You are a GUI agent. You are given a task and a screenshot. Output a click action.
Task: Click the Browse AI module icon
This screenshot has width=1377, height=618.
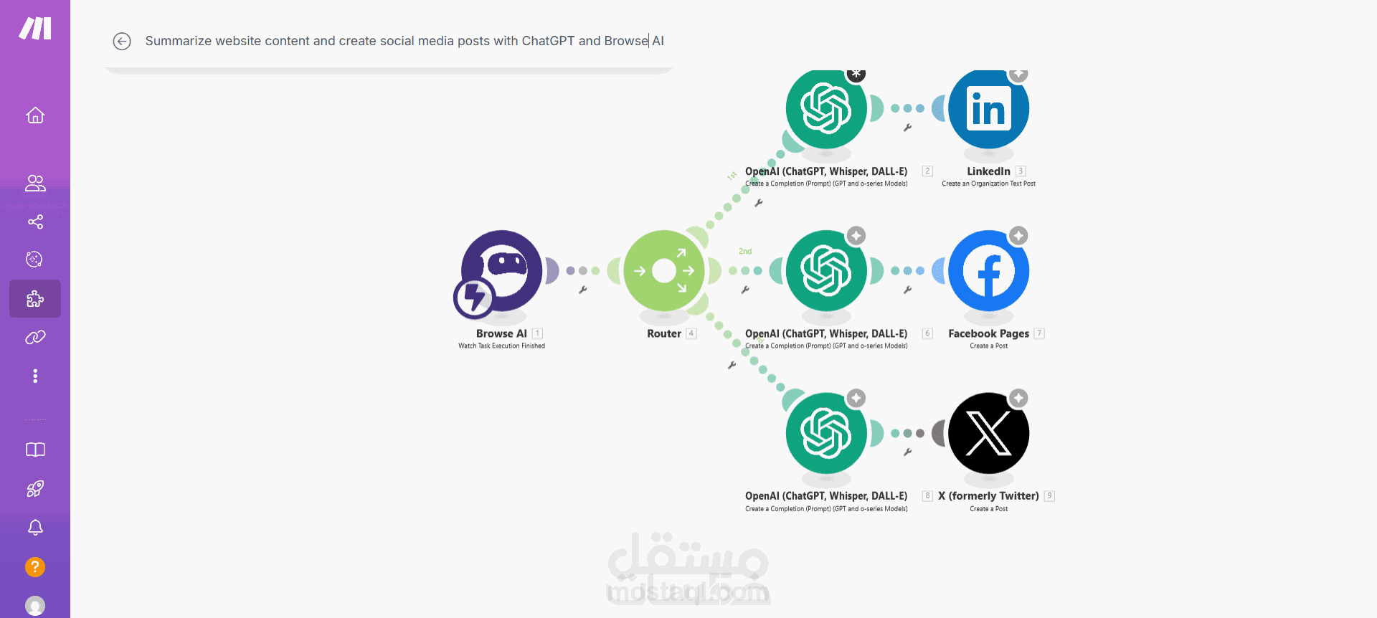click(502, 271)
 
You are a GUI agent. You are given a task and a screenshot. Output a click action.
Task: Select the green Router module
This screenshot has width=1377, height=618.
click(664, 271)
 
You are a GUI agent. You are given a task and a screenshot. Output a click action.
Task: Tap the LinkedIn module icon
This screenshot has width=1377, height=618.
click(988, 109)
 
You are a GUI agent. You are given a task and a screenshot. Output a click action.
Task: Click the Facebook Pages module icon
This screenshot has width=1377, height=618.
click(988, 271)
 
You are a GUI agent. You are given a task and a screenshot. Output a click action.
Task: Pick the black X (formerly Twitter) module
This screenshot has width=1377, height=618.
click(988, 433)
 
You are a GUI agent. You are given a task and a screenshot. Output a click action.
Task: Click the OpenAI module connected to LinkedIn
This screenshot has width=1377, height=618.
click(826, 109)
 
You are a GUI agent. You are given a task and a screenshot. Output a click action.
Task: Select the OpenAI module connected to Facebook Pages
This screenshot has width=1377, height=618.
click(826, 271)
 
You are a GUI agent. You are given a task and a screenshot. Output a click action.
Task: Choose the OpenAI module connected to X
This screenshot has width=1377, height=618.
click(826, 433)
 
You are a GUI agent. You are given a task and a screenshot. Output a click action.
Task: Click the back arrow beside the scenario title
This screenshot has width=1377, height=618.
click(122, 42)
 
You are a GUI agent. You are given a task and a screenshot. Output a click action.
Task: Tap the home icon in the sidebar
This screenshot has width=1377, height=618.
click(35, 115)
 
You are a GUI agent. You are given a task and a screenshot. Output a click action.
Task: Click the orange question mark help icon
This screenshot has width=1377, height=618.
click(35, 567)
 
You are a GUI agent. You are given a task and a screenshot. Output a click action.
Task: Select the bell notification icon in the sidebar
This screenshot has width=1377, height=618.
click(35, 528)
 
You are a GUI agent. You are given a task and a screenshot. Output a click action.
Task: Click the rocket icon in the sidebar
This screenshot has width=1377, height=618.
click(35, 489)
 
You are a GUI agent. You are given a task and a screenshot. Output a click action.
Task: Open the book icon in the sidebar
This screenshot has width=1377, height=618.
click(35, 450)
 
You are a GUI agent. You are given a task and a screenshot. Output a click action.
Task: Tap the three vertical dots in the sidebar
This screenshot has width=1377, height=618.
click(35, 376)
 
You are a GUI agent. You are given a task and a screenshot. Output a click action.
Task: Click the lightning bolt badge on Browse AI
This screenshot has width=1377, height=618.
click(474, 298)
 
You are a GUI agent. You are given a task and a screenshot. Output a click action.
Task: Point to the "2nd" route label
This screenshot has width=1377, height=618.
click(745, 252)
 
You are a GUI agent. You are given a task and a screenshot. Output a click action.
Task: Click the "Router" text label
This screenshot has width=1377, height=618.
click(664, 333)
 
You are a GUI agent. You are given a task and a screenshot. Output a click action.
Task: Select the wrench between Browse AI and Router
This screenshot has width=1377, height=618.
click(583, 290)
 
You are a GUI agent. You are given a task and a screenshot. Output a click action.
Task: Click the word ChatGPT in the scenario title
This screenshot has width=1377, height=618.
click(548, 41)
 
